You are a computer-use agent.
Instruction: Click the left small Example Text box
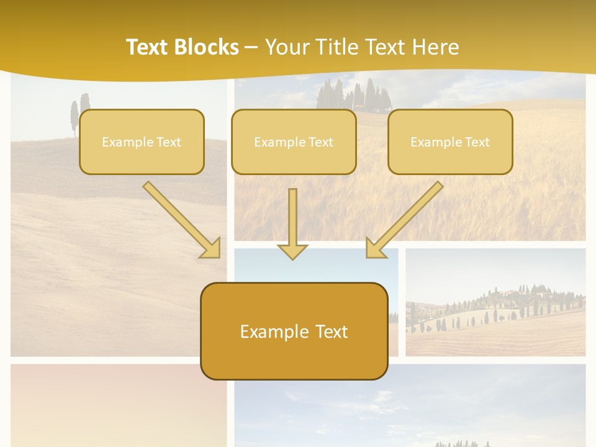pyautogui.click(x=142, y=142)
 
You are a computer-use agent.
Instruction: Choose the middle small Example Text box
pyautogui.click(x=294, y=142)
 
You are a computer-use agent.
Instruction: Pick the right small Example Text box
pyautogui.click(x=450, y=142)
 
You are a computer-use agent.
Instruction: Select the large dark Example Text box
pyautogui.click(x=294, y=332)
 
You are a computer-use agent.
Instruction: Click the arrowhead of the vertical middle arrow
pyautogui.click(x=292, y=251)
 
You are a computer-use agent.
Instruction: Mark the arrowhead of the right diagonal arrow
pyautogui.click(x=375, y=248)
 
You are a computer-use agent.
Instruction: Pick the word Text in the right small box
pyautogui.click(x=477, y=142)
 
